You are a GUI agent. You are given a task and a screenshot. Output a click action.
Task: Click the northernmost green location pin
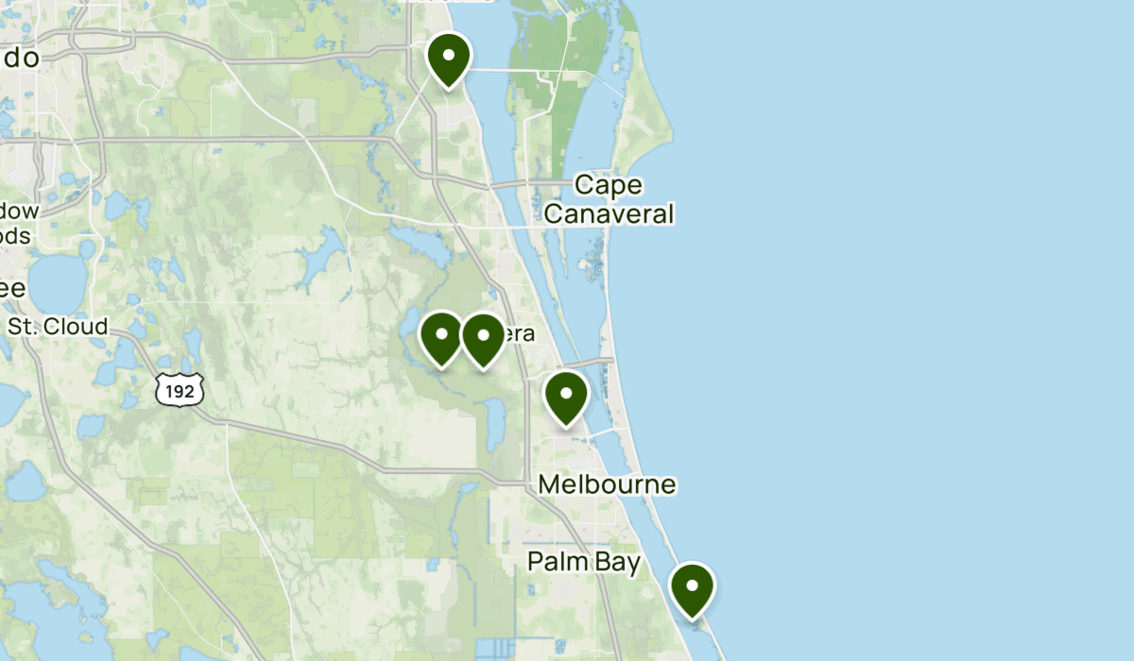[449, 59]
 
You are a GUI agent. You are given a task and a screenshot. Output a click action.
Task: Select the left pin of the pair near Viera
[440, 337]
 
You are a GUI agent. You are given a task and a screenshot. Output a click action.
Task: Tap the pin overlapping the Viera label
[483, 339]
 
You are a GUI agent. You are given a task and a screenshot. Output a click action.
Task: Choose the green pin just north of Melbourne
[566, 398]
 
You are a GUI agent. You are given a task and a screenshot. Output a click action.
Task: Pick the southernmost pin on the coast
[693, 588]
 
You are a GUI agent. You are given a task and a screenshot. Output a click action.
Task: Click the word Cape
[608, 185]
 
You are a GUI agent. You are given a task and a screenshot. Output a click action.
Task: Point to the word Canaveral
[610, 214]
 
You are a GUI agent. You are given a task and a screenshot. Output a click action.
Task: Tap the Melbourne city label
[607, 485]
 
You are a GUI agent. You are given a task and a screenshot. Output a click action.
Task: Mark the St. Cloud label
[58, 327]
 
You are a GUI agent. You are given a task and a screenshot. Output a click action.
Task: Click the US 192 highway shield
[180, 390]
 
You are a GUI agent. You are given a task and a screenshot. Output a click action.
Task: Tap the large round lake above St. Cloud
[57, 280]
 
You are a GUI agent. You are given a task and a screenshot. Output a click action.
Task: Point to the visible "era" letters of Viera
[521, 333]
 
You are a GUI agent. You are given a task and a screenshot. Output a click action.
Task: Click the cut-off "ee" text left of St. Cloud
[12, 288]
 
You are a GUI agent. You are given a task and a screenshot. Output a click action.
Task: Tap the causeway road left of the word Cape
[529, 183]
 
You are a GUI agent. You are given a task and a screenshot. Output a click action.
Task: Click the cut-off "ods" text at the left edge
[15, 235]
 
